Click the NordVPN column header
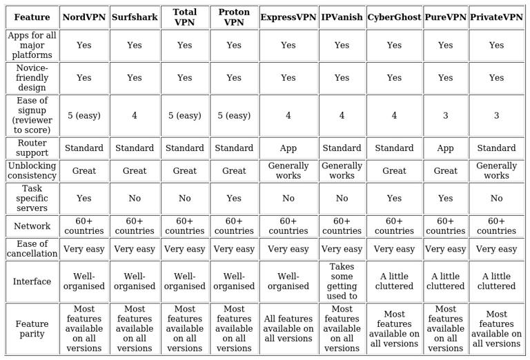click(84, 17)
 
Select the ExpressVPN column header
click(288, 17)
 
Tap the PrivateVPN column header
click(496, 17)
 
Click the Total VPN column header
click(184, 17)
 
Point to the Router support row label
click(32, 148)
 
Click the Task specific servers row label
click(32, 198)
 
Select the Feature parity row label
click(32, 329)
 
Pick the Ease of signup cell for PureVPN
click(445, 115)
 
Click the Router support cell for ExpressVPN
click(288, 148)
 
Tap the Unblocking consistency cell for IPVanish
click(342, 170)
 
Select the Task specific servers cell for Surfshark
click(134, 198)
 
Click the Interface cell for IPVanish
click(342, 281)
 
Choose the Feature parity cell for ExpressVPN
click(288, 329)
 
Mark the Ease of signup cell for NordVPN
click(84, 115)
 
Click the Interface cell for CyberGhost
click(394, 281)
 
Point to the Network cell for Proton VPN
click(234, 226)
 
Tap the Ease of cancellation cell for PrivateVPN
click(496, 249)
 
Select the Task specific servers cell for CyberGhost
click(394, 198)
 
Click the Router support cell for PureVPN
click(445, 148)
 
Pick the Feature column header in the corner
click(32, 17)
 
